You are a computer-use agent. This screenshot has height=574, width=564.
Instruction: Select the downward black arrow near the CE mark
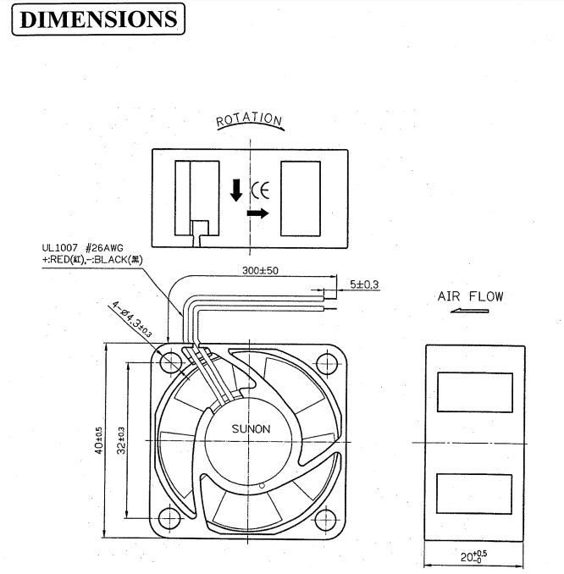click(236, 190)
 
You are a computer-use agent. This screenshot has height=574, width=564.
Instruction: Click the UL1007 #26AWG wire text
click(76, 249)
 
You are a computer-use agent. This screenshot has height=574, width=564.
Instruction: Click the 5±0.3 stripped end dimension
click(364, 285)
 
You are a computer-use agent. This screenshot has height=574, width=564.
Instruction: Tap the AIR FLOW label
click(470, 296)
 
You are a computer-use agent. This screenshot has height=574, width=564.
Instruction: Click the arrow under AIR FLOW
click(470, 311)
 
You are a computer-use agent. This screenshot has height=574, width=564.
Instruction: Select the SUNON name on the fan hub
click(251, 428)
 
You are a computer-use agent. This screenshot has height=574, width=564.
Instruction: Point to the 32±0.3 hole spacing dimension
click(123, 439)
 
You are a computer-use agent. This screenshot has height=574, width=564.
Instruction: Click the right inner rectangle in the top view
click(301, 199)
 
